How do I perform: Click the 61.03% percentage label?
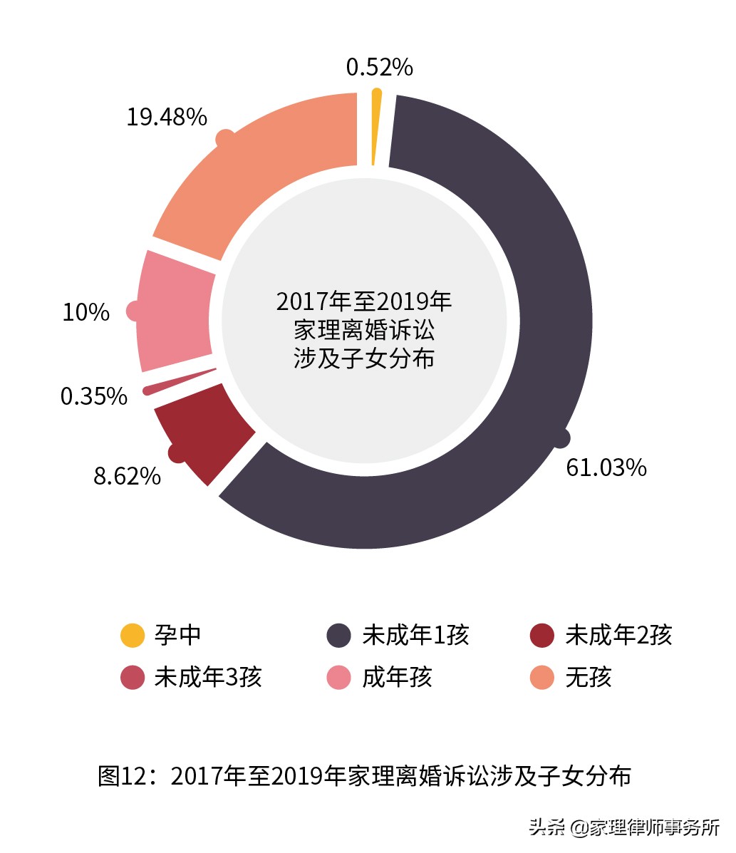[606, 467]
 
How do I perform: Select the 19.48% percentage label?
[167, 117]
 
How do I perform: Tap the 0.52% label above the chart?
[379, 67]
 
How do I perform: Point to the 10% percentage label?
[85, 312]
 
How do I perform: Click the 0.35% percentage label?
[93, 396]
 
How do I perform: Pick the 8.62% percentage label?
[127, 476]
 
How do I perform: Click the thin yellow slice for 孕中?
[375, 128]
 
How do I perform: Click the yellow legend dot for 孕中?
[133, 636]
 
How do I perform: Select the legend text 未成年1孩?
[415, 635]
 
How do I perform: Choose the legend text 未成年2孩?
[618, 635]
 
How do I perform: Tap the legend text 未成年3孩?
[208, 677]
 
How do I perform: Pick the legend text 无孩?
[588, 677]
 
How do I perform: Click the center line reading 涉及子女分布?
[364, 358]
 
